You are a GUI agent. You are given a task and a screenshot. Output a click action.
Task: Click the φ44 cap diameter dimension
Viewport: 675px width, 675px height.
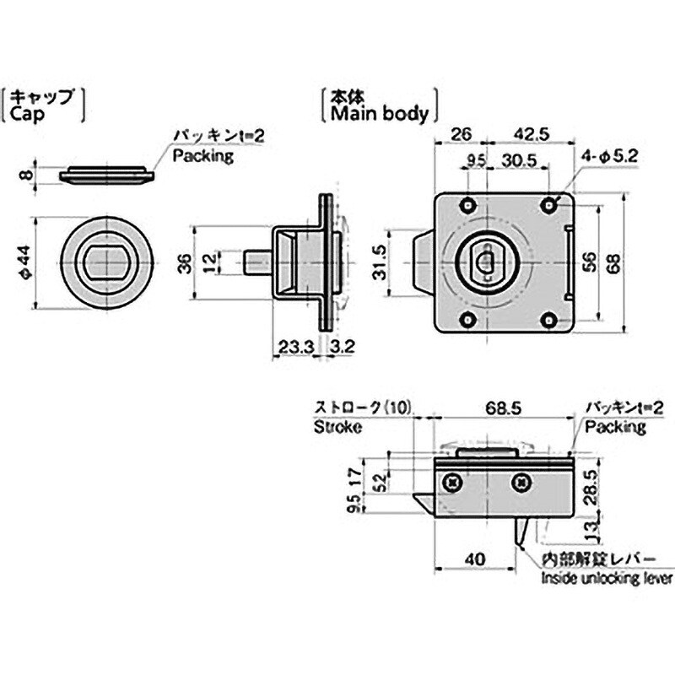26,262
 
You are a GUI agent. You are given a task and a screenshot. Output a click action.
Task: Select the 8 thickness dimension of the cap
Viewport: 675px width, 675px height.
26,175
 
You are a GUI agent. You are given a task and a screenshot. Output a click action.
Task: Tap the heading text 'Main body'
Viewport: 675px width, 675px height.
380,114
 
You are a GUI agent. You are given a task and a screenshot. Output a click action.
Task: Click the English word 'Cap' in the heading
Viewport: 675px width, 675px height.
27,115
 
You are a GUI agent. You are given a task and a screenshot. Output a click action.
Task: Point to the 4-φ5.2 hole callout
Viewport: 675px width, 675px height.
610,155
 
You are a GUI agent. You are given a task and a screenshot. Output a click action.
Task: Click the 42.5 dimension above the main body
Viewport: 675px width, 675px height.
532,134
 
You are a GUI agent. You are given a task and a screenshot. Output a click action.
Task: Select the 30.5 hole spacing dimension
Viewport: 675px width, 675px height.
519,160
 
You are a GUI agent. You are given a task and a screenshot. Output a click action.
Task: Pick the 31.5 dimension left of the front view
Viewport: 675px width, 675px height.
380,262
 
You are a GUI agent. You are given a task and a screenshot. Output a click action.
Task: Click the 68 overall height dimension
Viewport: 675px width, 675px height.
614,263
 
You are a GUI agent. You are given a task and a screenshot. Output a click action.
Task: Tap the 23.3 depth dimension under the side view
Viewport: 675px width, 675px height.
297,347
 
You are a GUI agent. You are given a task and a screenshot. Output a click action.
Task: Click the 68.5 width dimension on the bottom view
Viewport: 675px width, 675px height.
503,408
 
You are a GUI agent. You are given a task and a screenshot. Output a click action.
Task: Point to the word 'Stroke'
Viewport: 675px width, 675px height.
337,427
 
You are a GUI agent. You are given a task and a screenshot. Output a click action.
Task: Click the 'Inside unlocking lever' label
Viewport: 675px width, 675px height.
607,578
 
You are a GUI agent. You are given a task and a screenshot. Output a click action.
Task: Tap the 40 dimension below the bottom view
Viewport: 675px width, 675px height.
475,559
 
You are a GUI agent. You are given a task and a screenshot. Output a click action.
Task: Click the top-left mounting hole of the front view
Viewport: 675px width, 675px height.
467,205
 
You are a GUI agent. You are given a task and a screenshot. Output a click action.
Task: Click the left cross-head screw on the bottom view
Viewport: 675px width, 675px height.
453,483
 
